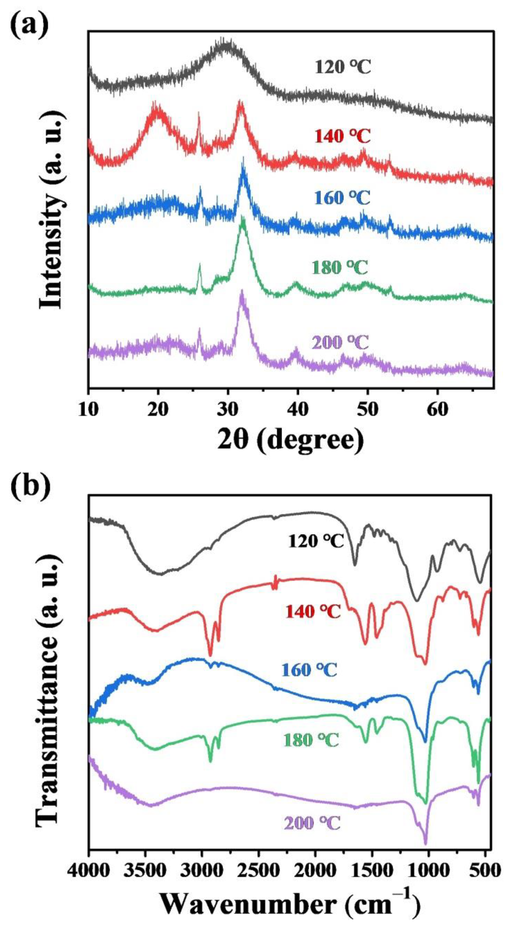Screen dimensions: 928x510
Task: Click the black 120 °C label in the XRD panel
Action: [343, 67]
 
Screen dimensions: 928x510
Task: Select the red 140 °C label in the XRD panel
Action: [343, 137]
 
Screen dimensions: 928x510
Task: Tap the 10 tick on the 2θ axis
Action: [88, 410]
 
